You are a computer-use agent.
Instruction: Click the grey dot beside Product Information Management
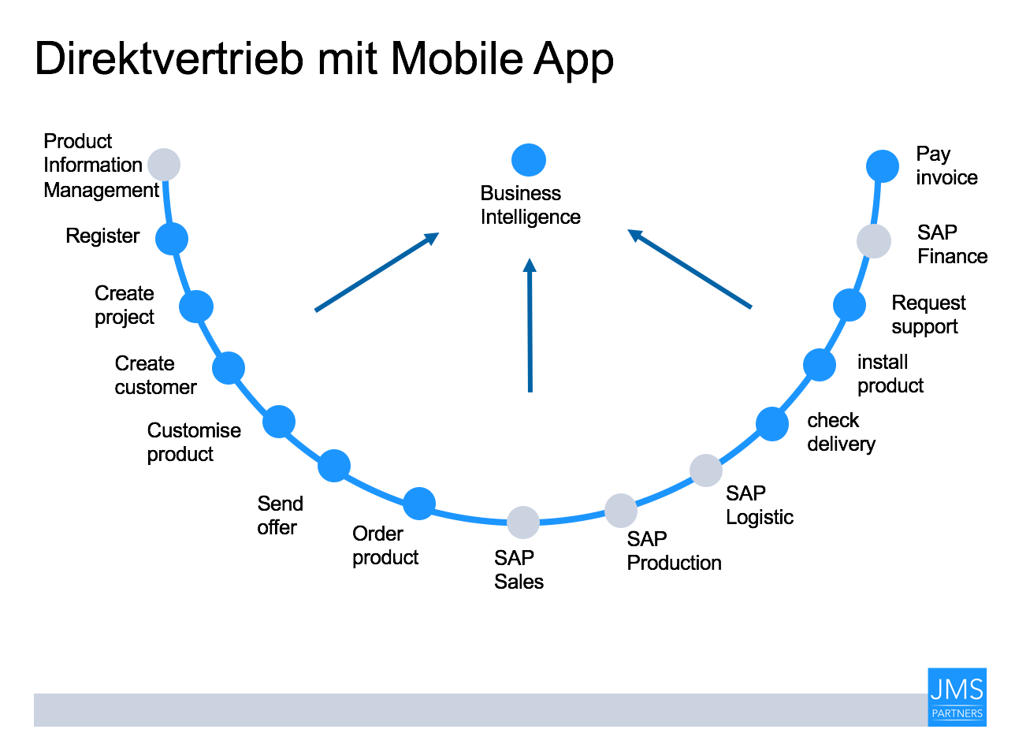click(x=164, y=165)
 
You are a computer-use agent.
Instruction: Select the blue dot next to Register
click(x=172, y=239)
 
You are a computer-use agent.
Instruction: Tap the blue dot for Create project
click(x=196, y=307)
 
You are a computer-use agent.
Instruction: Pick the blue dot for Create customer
click(x=229, y=368)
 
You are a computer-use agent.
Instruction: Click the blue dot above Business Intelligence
click(x=529, y=160)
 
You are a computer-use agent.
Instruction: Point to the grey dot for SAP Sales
click(x=523, y=523)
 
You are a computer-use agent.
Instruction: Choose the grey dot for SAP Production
click(x=621, y=511)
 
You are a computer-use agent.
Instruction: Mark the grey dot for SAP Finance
click(x=874, y=241)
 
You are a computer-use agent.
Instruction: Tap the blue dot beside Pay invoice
click(x=883, y=166)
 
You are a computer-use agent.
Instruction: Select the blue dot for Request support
click(x=850, y=305)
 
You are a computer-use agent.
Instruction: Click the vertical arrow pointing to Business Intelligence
click(x=530, y=325)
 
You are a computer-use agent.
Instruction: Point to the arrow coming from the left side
click(x=377, y=272)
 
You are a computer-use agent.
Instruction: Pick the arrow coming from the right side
click(x=690, y=269)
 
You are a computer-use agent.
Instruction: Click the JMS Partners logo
click(x=957, y=697)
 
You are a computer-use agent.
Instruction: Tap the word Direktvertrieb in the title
click(x=169, y=58)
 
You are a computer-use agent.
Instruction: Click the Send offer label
click(x=280, y=515)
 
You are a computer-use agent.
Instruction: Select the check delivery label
click(x=841, y=432)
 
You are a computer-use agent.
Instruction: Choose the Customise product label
click(x=194, y=442)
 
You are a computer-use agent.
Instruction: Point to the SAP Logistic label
click(x=760, y=505)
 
